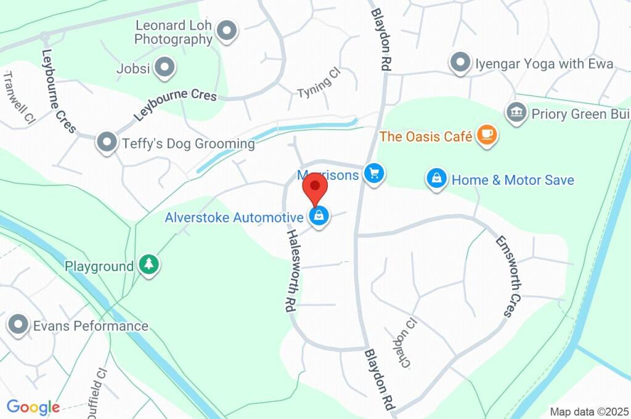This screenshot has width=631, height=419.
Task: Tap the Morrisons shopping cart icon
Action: pos(373,174)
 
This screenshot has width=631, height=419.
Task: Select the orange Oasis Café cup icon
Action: pos(487,136)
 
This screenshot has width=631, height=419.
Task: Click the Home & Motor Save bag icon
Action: pos(436,180)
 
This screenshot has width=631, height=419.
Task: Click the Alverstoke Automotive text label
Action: pos(234,217)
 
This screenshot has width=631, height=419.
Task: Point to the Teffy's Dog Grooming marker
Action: pos(108,142)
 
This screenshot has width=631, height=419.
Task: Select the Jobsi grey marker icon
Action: pos(165,68)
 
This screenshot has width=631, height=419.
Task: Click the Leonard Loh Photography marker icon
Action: pos(227,31)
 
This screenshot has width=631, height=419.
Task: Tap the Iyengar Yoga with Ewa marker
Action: pos(460,63)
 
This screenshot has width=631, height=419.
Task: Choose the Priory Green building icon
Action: pos(515,113)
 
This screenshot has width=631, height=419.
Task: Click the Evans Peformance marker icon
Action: pos(18,325)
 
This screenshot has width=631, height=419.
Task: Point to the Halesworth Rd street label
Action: pos(291,271)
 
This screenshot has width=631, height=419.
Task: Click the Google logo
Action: pos(33,407)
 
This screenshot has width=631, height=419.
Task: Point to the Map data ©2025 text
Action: pos(588,411)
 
